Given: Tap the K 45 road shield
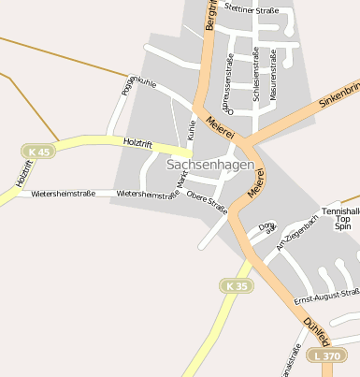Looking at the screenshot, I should [38, 151].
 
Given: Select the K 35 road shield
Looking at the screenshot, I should [237, 284].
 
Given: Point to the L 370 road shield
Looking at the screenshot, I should [331, 355].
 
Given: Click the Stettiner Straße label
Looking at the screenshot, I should [252, 9].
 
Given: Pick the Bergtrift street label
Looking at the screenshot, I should [210, 17].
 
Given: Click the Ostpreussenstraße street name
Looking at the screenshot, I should [227, 81].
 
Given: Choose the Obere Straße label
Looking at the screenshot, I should [207, 198].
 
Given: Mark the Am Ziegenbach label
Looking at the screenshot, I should [297, 235].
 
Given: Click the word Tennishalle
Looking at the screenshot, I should [340, 211].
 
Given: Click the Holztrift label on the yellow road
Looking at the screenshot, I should [137, 142].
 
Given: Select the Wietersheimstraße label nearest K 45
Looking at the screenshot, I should [63, 194].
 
